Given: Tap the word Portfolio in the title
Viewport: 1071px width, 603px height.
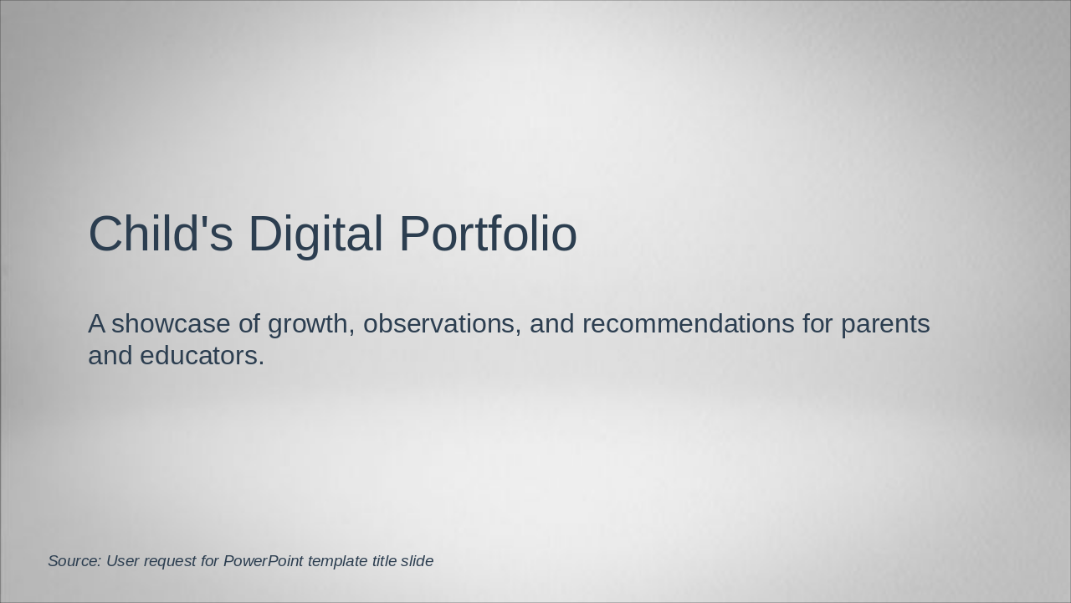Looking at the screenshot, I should pyautogui.click(x=488, y=234).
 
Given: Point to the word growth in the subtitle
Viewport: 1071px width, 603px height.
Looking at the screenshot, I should pyautogui.click(x=310, y=324).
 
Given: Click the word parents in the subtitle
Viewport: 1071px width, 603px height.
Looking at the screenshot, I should pyautogui.click(x=885, y=324).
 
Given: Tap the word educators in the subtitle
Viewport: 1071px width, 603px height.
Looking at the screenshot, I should pyautogui.click(x=202, y=356).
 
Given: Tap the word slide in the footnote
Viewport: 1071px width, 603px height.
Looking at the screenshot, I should pyautogui.click(x=418, y=561).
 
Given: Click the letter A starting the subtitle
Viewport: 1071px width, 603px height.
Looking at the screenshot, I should pyautogui.click(x=96, y=324).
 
